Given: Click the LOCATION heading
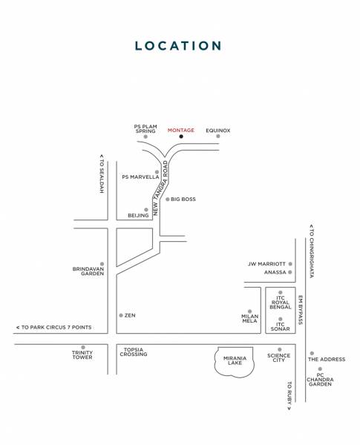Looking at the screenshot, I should point(178,46).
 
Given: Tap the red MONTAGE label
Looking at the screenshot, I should point(180,131).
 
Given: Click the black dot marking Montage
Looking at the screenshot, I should point(180,137).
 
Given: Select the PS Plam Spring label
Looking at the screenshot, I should point(145,128).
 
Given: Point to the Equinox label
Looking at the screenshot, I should point(218,131).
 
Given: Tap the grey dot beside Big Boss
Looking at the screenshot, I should point(168,199).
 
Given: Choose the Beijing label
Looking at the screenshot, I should point(138,215).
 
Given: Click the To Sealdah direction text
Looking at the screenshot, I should point(102,174).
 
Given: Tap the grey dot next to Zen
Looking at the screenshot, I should point(121,315).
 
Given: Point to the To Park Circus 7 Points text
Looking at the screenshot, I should point(53,327).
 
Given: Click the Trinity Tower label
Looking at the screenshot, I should point(82,355).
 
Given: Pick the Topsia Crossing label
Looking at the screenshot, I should point(134,352).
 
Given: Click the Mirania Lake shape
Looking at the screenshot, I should point(235,361).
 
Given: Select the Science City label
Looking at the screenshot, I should point(279,357).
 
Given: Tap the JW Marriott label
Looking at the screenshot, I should point(266,263).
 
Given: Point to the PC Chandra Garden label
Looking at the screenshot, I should point(320,380).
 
